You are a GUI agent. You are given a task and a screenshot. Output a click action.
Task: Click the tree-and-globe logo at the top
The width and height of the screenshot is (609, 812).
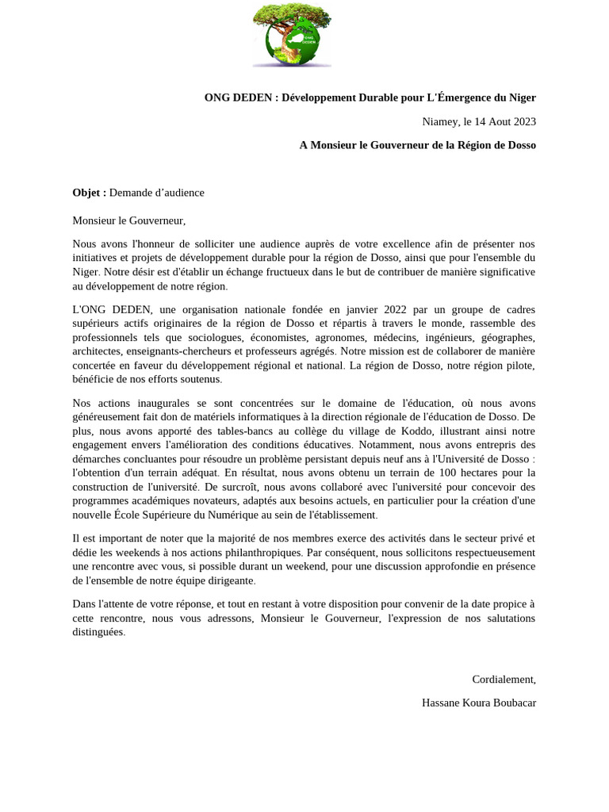pyautogui.click(x=291, y=36)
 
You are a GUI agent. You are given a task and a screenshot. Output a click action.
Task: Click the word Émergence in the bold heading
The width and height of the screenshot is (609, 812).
pyautogui.click(x=465, y=98)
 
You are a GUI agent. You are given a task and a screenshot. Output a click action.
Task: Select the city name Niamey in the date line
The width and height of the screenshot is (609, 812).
pyautogui.click(x=439, y=121)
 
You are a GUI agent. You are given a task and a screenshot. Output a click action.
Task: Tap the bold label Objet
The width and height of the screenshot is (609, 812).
pyautogui.click(x=89, y=193)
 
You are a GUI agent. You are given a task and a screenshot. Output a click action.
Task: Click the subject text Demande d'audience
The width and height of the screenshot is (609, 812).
pyautogui.click(x=157, y=193)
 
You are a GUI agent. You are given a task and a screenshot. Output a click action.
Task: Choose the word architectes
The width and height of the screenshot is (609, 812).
pyautogui.click(x=97, y=351)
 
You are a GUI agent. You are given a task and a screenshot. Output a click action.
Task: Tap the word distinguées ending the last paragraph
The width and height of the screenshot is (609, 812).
pyautogui.click(x=98, y=633)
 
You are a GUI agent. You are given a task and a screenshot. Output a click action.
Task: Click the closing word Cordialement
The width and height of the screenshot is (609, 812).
pyautogui.click(x=504, y=680)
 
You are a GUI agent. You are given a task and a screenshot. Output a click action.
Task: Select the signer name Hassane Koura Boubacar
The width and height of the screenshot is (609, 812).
pyautogui.click(x=479, y=703)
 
